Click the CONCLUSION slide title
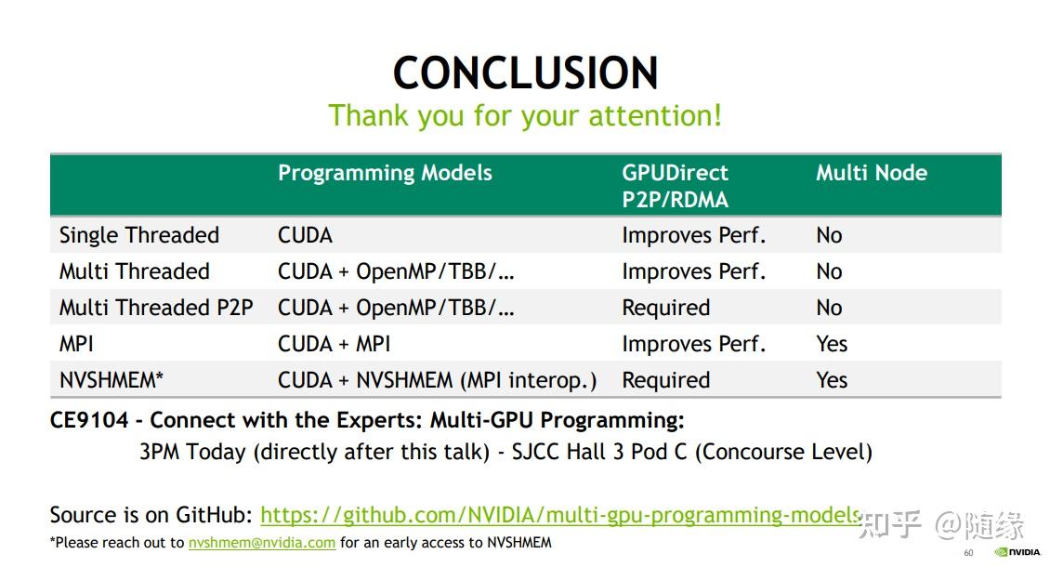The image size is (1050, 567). point(525,73)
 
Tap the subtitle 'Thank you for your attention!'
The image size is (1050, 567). point(525,116)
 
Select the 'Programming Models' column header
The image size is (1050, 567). point(385,173)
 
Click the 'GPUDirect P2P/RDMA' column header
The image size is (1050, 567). point(676,186)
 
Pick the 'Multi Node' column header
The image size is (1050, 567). point(871,173)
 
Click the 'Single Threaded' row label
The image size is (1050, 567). point(139,235)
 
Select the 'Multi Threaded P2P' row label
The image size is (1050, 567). point(156,308)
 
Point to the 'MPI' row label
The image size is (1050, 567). point(76,344)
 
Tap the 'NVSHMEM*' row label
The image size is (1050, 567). point(112,380)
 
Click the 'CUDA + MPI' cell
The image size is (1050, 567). point(334,344)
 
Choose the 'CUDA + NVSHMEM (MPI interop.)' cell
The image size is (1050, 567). point(437,380)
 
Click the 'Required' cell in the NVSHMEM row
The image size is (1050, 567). point(665,380)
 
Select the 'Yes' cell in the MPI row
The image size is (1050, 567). point(832,344)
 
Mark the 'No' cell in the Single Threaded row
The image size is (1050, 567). point(829,235)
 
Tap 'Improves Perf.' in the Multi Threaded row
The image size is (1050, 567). point(693,271)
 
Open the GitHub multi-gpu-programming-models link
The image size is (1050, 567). point(560,515)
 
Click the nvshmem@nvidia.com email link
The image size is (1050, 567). point(262,543)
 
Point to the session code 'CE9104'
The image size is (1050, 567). point(89,420)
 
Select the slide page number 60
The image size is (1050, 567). point(968,553)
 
